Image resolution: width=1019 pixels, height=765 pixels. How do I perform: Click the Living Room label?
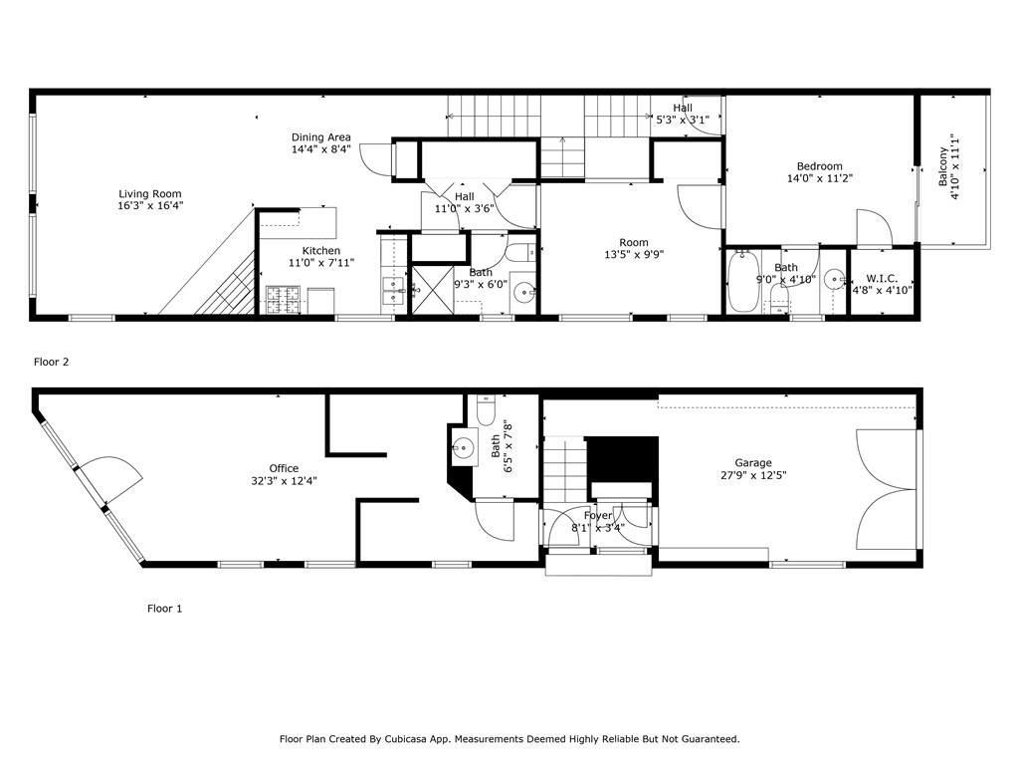point(150,194)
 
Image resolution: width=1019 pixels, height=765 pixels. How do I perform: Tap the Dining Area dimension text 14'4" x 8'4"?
point(320,150)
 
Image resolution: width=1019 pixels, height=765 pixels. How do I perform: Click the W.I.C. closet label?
point(883,278)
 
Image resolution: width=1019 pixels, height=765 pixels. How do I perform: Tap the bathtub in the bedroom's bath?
point(741,283)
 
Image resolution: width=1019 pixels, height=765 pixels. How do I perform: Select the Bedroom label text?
point(819,166)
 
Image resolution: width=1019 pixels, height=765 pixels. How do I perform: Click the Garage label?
point(753,463)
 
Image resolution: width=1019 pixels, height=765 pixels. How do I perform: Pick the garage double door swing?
point(884,490)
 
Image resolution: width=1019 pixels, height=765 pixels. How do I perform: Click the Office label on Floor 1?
point(284,468)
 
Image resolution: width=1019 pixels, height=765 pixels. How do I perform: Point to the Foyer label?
point(598,515)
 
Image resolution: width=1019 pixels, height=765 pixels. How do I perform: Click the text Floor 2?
point(51,363)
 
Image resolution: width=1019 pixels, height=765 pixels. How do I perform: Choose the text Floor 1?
point(164,608)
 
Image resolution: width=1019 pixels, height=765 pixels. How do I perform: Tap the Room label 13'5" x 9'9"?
point(633,243)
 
